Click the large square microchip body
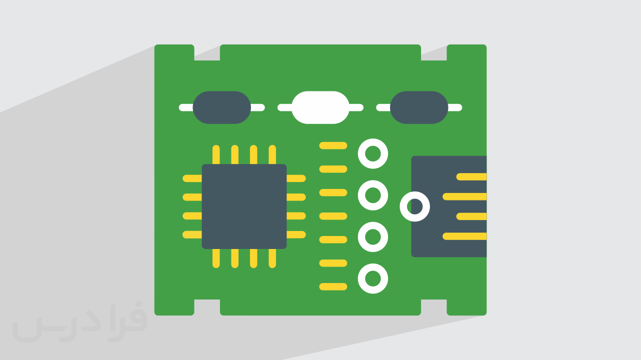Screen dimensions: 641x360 pyautogui.click(x=244, y=206)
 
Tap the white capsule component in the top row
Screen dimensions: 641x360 pyautogui.click(x=320, y=107)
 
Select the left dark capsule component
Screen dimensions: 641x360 pyautogui.click(x=222, y=107)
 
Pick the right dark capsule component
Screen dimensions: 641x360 pyautogui.click(x=419, y=107)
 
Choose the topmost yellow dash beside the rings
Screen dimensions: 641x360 pyautogui.click(x=333, y=145)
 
